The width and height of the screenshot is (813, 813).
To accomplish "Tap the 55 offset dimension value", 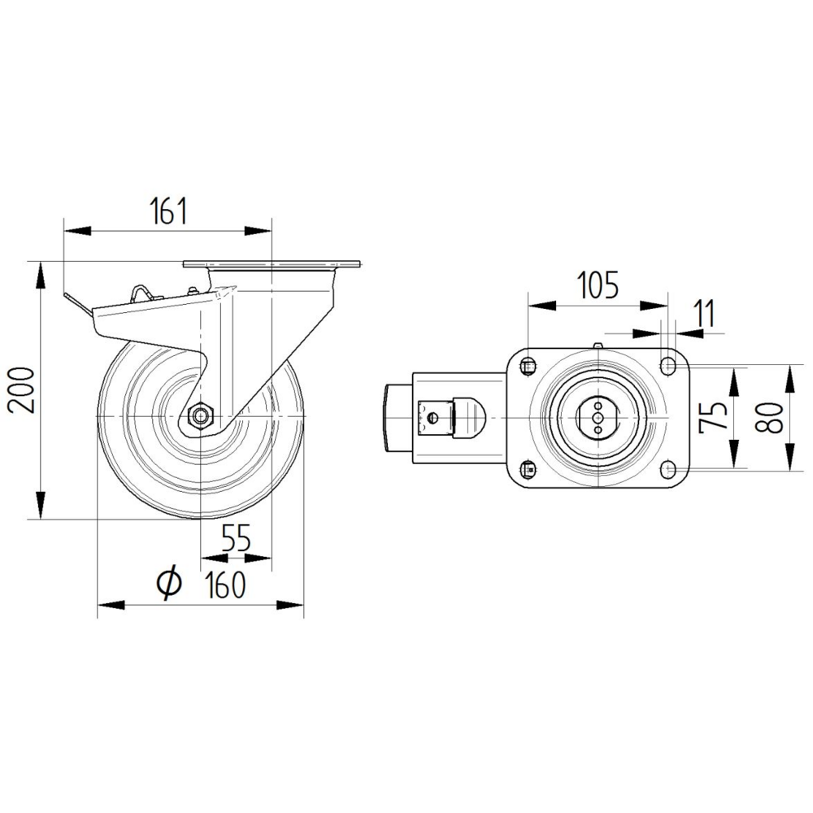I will click(x=236, y=538).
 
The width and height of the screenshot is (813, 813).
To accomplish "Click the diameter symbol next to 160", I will click(x=168, y=583).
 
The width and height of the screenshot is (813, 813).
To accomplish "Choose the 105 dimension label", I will click(x=598, y=285).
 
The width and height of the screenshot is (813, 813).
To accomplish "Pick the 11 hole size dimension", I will click(x=704, y=313).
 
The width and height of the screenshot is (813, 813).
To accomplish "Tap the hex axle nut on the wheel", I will click(x=199, y=415).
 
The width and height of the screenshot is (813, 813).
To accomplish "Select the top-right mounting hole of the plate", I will click(x=668, y=365).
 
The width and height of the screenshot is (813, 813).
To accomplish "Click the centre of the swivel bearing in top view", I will click(x=598, y=416).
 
